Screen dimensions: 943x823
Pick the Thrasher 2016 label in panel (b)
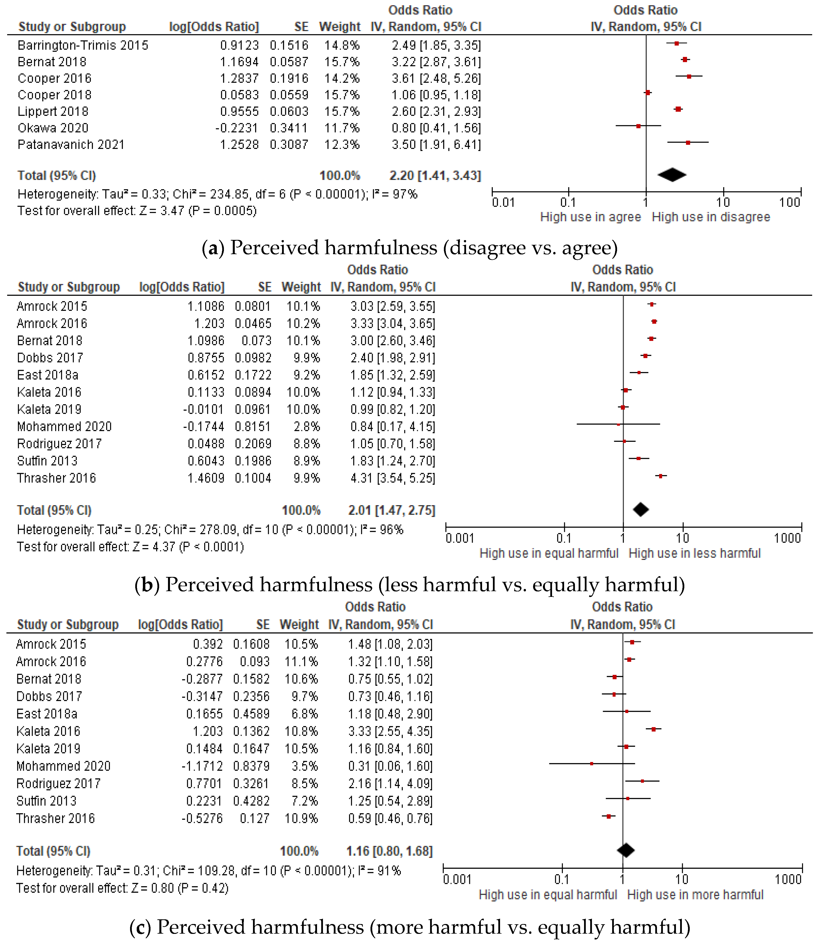[56, 478]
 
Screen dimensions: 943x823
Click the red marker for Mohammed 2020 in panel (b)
[618, 425]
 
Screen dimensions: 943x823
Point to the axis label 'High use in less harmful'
[694, 553]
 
